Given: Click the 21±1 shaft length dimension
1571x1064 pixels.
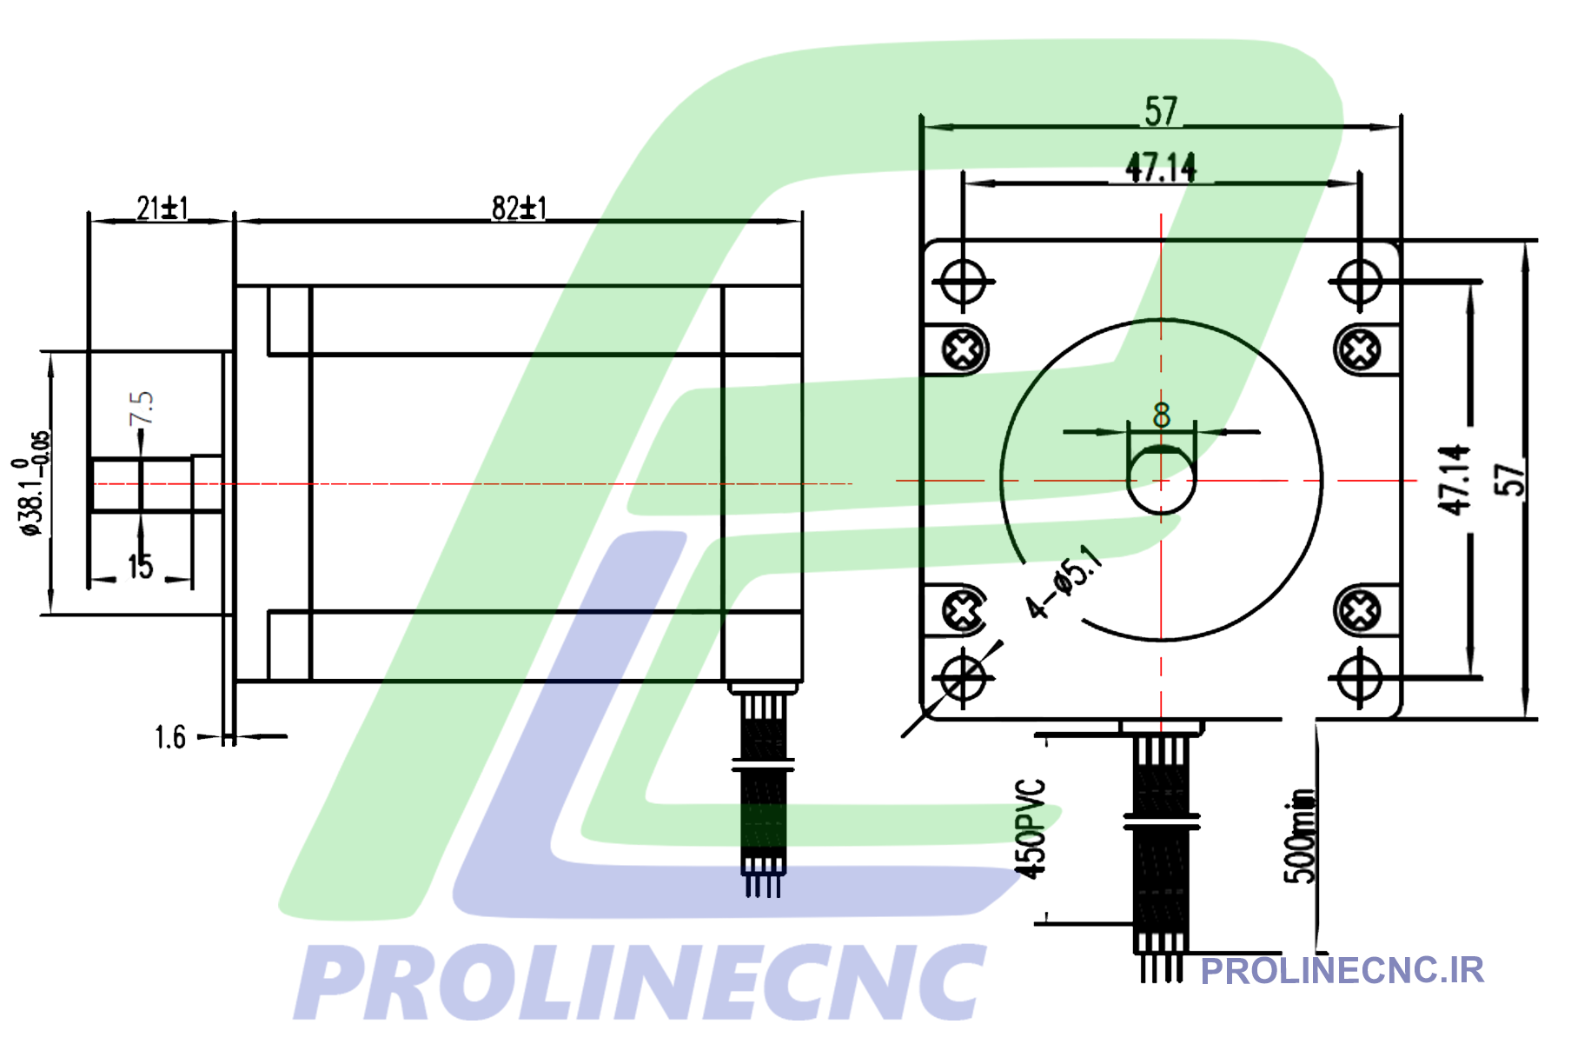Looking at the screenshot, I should pos(162,209).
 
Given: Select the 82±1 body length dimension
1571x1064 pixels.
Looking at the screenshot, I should pos(519,209).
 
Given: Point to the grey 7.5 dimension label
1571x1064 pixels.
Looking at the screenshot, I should pos(142,408).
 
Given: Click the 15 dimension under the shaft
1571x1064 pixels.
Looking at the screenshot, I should pos(140,567).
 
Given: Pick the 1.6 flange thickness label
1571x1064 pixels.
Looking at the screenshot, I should pos(170,737).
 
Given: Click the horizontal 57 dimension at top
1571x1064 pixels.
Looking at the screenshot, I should pos(1161,112).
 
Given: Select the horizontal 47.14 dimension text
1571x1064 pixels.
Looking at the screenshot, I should pos(1161,168).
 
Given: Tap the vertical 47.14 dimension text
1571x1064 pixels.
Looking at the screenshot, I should pos(1454,480).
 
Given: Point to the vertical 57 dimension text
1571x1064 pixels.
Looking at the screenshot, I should pos(1510,480).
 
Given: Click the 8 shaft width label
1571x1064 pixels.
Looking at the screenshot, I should pos(1162,416).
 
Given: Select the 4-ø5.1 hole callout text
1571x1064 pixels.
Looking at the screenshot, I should pos(1063,582).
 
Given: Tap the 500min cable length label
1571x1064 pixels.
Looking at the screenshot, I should pos(1301,836).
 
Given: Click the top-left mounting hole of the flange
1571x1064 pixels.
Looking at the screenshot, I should pos(963,282).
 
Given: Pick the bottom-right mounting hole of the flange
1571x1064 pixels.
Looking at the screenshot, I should pos(1359,678).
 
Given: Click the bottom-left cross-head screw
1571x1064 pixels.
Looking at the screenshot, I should pos(963,611).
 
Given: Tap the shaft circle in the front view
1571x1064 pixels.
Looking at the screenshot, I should pos(1161,480).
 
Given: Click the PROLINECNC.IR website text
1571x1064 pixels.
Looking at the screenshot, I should pos(1342,971).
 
